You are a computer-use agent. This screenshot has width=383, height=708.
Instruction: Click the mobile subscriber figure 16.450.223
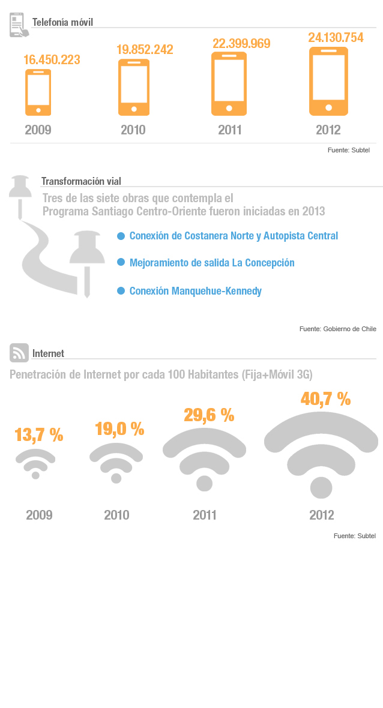tap(52, 60)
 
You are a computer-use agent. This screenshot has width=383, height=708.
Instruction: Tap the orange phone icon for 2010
tap(133, 86)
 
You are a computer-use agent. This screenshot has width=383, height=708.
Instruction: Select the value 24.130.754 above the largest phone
tap(336, 38)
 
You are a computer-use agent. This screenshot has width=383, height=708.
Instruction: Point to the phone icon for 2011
tap(229, 83)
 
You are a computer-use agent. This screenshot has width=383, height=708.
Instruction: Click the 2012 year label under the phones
tap(328, 130)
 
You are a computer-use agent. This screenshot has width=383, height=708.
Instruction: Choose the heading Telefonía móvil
tap(62, 23)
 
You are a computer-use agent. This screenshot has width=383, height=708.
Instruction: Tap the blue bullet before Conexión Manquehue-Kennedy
tap(121, 291)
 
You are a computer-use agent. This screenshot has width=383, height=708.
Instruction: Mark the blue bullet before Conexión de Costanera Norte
tap(121, 236)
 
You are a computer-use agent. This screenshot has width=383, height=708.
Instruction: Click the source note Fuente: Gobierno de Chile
tap(337, 329)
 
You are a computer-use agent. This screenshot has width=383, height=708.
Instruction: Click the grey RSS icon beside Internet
tap(19, 353)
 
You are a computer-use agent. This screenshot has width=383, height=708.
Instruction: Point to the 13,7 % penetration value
tap(38, 435)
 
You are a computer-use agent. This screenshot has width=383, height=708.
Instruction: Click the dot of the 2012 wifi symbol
tap(321, 488)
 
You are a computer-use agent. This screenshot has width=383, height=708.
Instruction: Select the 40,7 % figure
tap(325, 399)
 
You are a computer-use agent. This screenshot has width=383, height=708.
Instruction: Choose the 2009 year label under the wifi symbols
tap(39, 515)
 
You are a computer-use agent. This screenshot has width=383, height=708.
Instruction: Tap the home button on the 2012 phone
tap(328, 108)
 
